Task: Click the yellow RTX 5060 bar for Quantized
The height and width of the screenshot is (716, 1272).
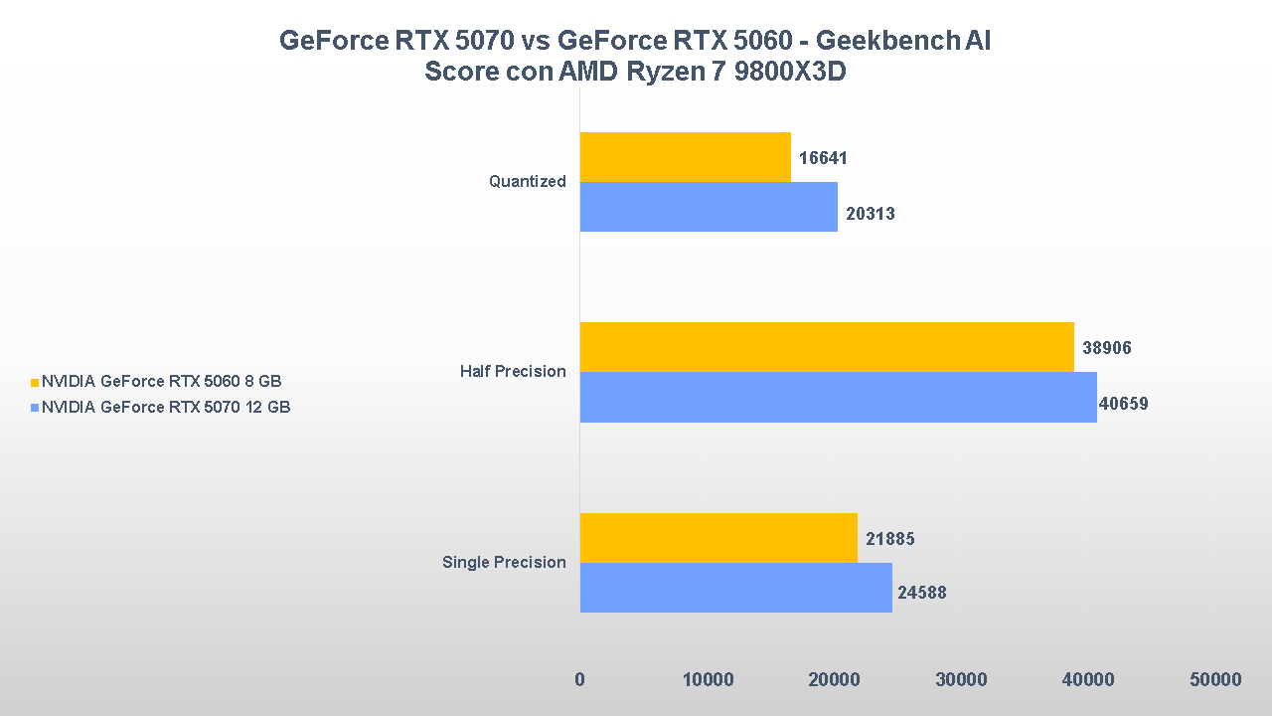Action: pos(685,157)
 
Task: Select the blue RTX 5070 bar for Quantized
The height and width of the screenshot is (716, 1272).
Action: pos(709,207)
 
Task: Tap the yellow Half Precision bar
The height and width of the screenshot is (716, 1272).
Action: pos(827,347)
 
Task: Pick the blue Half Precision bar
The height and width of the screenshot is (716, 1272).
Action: pos(838,397)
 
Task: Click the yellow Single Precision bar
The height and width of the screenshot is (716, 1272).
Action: pos(718,538)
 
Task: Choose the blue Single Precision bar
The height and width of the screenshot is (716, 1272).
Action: pos(735,588)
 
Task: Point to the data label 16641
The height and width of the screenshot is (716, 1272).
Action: pos(823,158)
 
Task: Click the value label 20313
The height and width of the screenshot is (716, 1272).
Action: pos(871,214)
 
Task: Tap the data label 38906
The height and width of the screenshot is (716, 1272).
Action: pos(1107,348)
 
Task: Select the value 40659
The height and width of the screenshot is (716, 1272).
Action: pos(1124,404)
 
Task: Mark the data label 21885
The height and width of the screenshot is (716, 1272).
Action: pos(889,539)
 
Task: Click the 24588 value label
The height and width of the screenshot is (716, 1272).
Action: pos(922,593)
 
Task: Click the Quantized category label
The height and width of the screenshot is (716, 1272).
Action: pos(528,182)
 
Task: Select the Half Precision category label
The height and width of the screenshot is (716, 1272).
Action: pos(513,372)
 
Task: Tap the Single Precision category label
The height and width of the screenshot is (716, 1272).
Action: pos(504,563)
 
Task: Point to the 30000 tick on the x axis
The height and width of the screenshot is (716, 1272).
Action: pos(961,680)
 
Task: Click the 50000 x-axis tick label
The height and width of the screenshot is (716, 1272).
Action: pos(1215,680)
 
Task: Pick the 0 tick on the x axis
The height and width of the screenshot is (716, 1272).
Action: pos(579,680)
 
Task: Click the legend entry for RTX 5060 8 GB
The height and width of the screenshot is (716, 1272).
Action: pos(161,381)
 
